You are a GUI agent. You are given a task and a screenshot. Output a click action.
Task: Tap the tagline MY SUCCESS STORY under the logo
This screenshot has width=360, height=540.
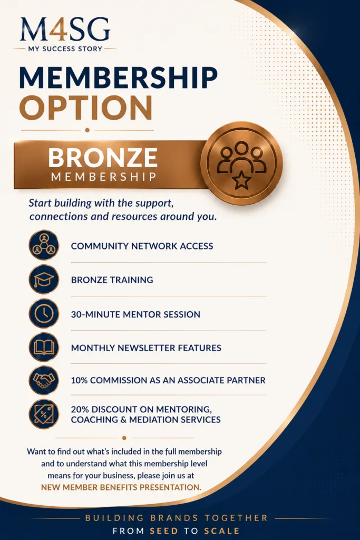coord(65,49)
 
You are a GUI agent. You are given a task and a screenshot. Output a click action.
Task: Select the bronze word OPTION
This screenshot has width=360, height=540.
coord(86,108)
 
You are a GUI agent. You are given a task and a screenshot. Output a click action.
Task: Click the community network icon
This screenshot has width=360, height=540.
coord(44,245)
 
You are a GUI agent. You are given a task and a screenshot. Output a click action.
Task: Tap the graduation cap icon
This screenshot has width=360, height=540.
coord(44,279)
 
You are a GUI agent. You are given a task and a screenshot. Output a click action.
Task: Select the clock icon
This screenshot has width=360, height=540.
coord(44,313)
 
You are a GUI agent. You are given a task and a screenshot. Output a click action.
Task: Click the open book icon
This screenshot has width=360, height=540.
coord(44,347)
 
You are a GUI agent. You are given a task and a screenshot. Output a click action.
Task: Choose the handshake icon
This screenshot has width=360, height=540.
coord(44,380)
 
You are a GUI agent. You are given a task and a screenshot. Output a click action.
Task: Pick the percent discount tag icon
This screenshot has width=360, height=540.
coord(44,413)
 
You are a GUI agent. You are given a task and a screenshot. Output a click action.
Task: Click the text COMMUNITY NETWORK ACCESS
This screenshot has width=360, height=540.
coord(142,246)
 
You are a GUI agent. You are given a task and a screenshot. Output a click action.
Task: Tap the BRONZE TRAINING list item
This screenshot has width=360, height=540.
coord(112,279)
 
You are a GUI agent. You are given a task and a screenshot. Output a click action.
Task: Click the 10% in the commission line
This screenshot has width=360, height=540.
coord(79,380)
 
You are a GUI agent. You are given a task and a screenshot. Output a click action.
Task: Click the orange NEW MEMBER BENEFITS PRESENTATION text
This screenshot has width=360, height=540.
coord(121,487)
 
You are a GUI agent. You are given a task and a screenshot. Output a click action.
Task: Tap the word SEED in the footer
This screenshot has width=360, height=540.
coord(164,531)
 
